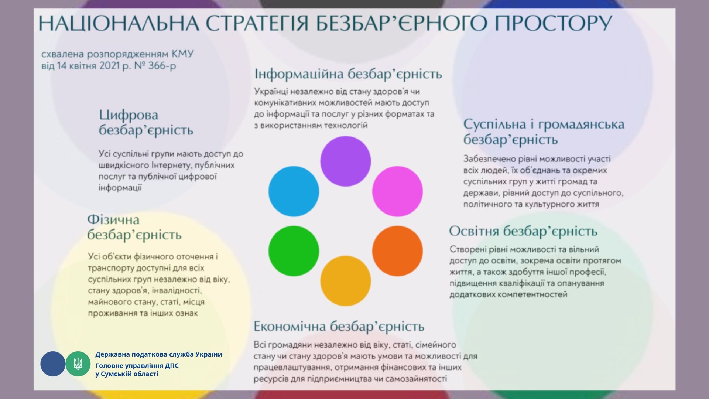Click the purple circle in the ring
point(345,161)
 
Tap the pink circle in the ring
point(397,191)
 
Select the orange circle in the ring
point(397,251)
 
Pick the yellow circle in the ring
point(345,281)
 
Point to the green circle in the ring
point(294,251)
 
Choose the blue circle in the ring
point(294,191)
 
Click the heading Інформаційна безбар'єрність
point(348,74)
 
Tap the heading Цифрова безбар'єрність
point(146,123)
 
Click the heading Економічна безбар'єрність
point(339,327)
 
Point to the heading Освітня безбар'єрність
point(523,232)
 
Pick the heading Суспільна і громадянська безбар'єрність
point(544,132)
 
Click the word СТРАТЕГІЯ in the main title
point(257,23)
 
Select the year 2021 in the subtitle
point(110,66)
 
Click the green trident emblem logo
point(78,364)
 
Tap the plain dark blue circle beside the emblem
point(53,364)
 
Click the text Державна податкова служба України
point(159,354)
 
